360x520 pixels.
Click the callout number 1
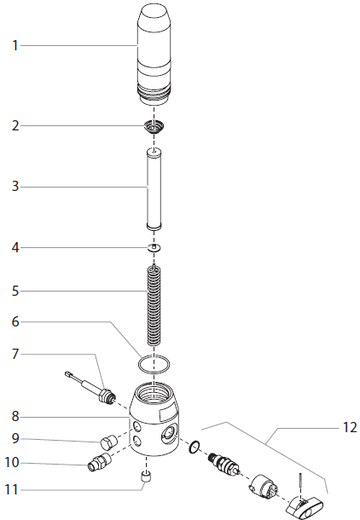pos(15,45)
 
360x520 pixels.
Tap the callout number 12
pos(350,427)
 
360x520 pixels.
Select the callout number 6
pos(15,321)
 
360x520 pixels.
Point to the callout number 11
pos(12,489)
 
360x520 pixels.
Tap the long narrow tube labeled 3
pos(154,189)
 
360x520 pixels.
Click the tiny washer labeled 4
pos(154,247)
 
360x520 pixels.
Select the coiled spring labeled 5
pos(154,305)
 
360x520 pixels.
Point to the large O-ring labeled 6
pos(138,364)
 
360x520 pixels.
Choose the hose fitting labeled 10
pos(100,462)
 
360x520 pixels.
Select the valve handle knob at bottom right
pos(305,506)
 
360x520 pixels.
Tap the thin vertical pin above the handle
pos(300,485)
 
